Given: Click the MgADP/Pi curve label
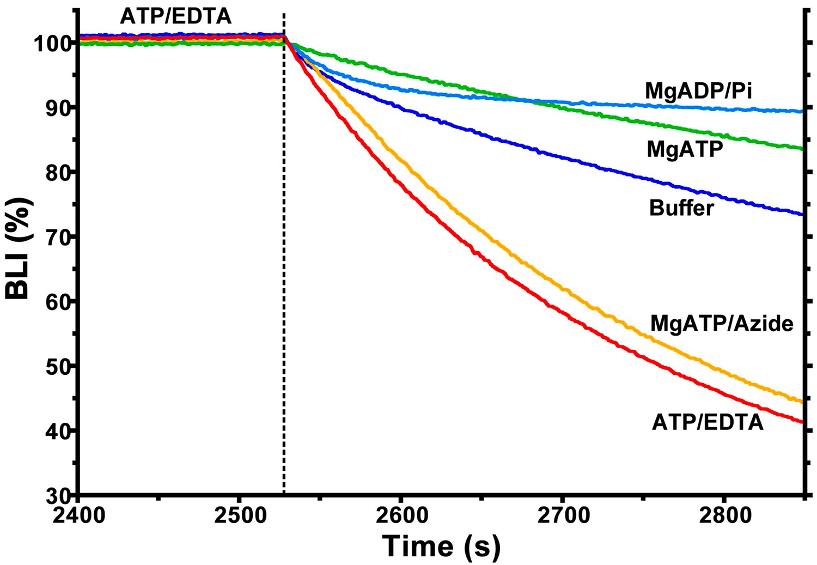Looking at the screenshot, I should click(698, 91).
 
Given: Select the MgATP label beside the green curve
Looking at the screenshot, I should click(685, 149).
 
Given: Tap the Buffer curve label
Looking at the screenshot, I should click(681, 208).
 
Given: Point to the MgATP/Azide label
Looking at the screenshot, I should click(722, 324).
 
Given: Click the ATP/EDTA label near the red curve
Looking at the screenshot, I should click(708, 422).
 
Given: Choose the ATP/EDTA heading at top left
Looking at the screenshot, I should click(175, 17).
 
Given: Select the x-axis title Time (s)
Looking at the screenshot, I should click(441, 546).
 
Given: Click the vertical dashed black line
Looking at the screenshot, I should click(284, 272).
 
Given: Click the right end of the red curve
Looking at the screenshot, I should click(801, 421).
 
